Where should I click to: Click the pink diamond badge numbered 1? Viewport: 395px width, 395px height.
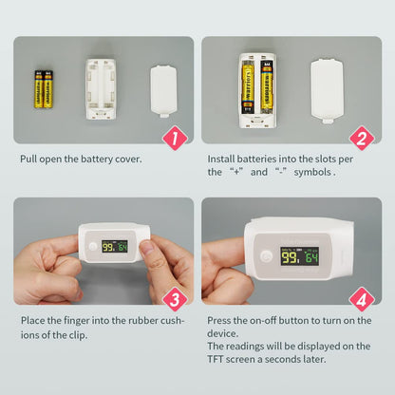click(x=174, y=139)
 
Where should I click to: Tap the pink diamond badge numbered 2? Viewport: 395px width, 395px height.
click(x=361, y=139)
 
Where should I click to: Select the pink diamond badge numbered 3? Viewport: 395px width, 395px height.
click(x=174, y=301)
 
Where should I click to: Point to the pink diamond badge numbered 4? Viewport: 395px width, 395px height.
click(x=361, y=301)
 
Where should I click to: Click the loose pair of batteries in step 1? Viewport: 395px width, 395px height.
click(x=44, y=87)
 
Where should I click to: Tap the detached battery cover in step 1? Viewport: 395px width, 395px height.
click(x=164, y=89)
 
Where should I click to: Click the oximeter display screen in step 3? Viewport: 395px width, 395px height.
click(x=115, y=246)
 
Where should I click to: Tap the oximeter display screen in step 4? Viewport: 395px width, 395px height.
click(x=299, y=256)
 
